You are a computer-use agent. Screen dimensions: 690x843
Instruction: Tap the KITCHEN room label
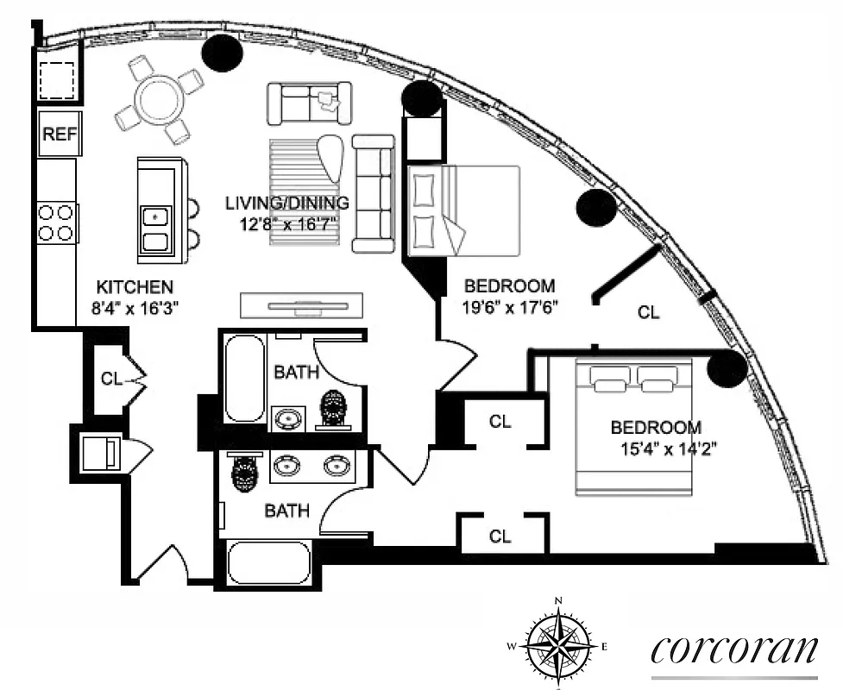pos(135,287)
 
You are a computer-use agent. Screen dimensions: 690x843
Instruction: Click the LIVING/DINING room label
pos(286,204)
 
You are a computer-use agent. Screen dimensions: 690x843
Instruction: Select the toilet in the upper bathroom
pos(333,410)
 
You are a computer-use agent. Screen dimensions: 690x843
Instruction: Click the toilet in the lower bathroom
pos(245,473)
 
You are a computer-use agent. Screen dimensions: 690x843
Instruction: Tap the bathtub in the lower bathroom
pos(268,562)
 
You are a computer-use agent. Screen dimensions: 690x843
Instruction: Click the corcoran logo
pos(733,649)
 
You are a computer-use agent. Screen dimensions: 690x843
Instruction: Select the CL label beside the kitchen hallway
pos(111,378)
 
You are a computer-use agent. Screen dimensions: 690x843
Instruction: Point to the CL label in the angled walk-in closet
pos(648,313)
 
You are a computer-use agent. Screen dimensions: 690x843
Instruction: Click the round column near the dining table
pos(221,53)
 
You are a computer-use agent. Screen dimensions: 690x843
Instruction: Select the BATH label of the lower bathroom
pos(286,511)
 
